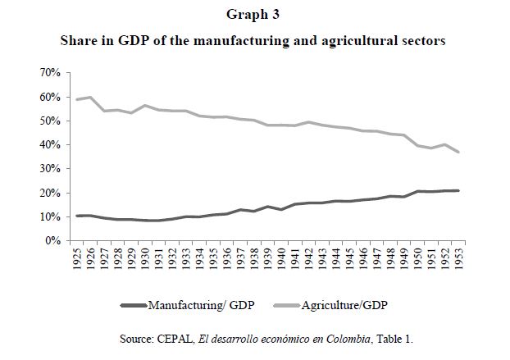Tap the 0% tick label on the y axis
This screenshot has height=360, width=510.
click(52, 240)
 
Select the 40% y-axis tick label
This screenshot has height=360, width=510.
click(49, 144)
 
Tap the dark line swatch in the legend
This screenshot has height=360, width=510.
click(132, 305)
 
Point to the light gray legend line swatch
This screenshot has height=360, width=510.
click(284, 305)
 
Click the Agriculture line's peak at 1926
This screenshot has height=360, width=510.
click(91, 97)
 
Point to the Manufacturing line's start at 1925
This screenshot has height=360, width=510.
click(78, 216)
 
